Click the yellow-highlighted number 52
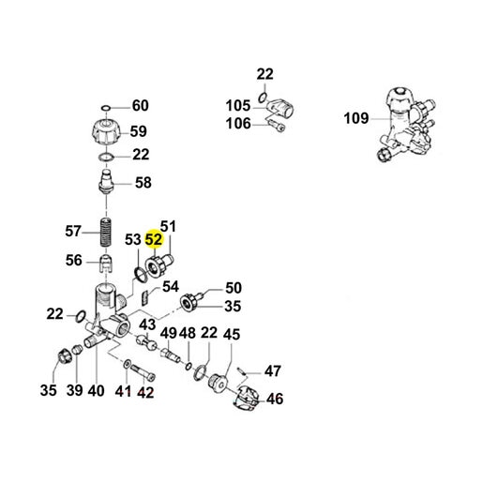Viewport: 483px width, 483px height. coord(154,240)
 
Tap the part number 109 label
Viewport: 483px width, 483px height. coord(356,118)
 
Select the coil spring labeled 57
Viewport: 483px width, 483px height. coord(106,233)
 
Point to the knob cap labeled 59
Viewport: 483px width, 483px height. coord(106,131)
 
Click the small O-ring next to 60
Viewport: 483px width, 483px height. coord(106,108)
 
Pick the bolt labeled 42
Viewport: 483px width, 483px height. coord(143,373)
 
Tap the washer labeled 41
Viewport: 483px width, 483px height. coord(128,364)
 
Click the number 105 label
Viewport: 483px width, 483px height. coord(238,106)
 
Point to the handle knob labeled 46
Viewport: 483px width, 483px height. coord(247,400)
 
